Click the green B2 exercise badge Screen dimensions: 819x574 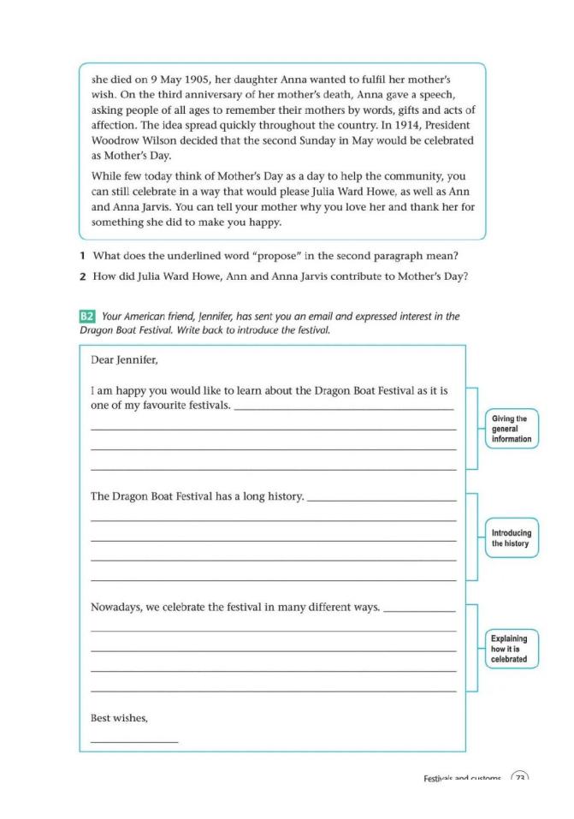pyautogui.click(x=86, y=317)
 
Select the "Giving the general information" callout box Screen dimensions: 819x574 pyautogui.click(x=511, y=429)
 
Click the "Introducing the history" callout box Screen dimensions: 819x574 pyautogui.click(x=511, y=538)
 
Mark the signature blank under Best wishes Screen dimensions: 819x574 pyautogui.click(x=134, y=740)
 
